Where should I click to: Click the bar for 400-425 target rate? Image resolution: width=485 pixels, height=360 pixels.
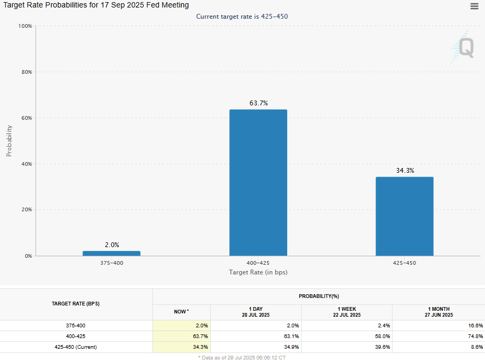click(258, 182)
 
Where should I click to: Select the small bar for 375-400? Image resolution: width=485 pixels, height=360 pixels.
click(112, 253)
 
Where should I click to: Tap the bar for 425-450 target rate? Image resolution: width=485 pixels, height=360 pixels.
click(404, 216)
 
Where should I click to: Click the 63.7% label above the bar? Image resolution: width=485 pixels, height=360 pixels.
click(258, 103)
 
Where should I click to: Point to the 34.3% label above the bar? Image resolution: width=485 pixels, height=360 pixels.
click(404, 171)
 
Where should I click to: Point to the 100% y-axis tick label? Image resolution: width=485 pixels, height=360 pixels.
click(25, 26)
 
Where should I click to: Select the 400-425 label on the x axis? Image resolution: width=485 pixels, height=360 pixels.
click(258, 263)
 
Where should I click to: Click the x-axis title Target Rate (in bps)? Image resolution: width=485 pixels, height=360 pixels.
click(258, 272)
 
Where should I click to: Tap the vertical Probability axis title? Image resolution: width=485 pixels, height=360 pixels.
click(9, 141)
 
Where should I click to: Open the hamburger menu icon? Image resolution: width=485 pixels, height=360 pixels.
click(474, 6)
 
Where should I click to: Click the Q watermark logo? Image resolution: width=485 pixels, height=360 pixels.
click(463, 47)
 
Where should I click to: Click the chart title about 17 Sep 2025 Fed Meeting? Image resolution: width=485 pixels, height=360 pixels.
click(96, 5)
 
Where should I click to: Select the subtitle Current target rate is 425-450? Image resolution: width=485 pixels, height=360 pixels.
click(242, 17)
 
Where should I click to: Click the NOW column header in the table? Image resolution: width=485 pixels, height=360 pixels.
click(181, 311)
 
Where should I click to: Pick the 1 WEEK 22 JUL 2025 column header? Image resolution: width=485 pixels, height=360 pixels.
click(347, 312)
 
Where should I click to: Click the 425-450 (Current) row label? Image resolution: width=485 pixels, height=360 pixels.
click(75, 347)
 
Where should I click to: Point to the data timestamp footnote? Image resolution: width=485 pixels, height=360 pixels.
click(242, 357)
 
